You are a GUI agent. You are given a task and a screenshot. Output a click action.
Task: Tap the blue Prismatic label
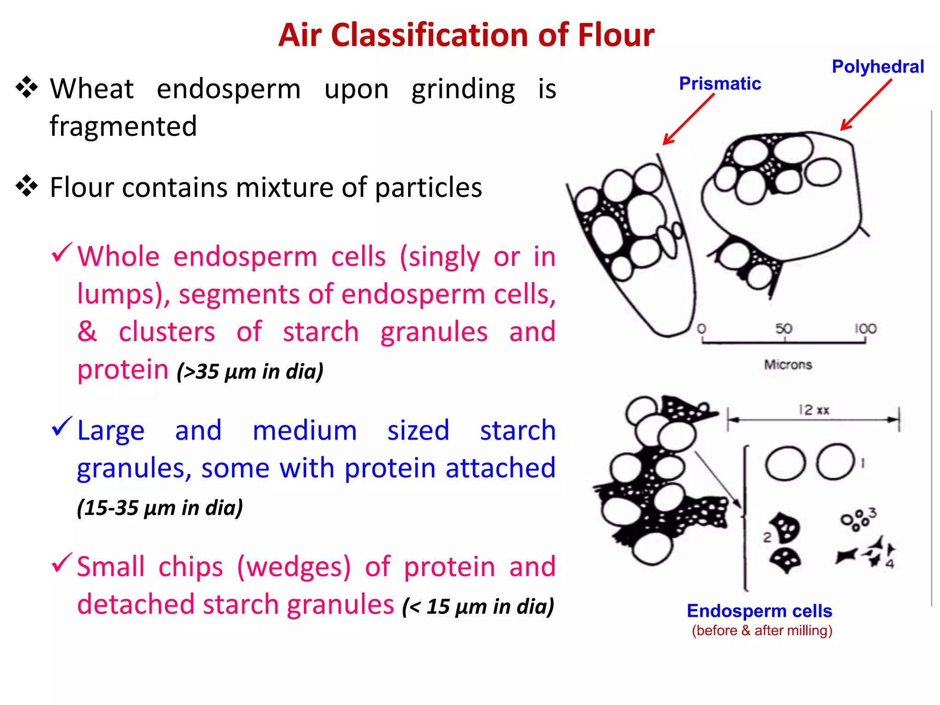click(720, 84)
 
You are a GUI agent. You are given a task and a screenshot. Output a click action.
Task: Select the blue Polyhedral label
click(878, 67)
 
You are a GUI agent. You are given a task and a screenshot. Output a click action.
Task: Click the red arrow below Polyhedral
click(866, 105)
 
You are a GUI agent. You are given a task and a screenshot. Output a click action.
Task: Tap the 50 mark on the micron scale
click(784, 329)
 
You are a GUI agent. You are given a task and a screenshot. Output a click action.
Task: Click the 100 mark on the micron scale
click(865, 329)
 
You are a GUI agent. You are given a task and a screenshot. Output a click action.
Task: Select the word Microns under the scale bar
click(788, 365)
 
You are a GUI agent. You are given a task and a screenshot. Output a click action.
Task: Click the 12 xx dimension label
click(813, 410)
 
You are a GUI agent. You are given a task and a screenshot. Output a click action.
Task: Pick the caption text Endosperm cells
click(759, 611)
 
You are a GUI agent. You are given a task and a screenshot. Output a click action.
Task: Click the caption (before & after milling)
click(762, 631)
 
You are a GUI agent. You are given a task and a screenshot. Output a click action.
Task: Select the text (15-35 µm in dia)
click(160, 508)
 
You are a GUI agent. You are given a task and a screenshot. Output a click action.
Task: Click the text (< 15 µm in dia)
click(478, 607)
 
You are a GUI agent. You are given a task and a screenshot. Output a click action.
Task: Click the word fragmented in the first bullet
click(123, 126)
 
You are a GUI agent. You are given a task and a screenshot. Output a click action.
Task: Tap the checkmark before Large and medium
click(62, 426)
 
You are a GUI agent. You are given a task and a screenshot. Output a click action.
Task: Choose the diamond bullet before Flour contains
click(27, 186)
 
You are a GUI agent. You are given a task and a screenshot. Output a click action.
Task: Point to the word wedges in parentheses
click(294, 567)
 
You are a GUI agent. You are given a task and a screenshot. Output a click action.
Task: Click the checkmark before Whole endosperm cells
click(62, 252)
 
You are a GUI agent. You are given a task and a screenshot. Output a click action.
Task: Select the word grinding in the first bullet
click(463, 90)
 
